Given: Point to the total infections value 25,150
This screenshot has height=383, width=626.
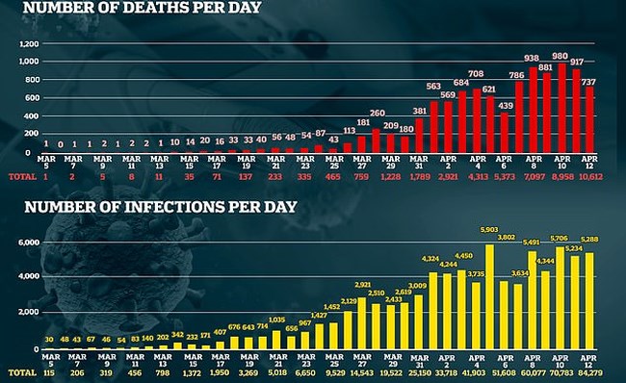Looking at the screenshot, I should (419, 370).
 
